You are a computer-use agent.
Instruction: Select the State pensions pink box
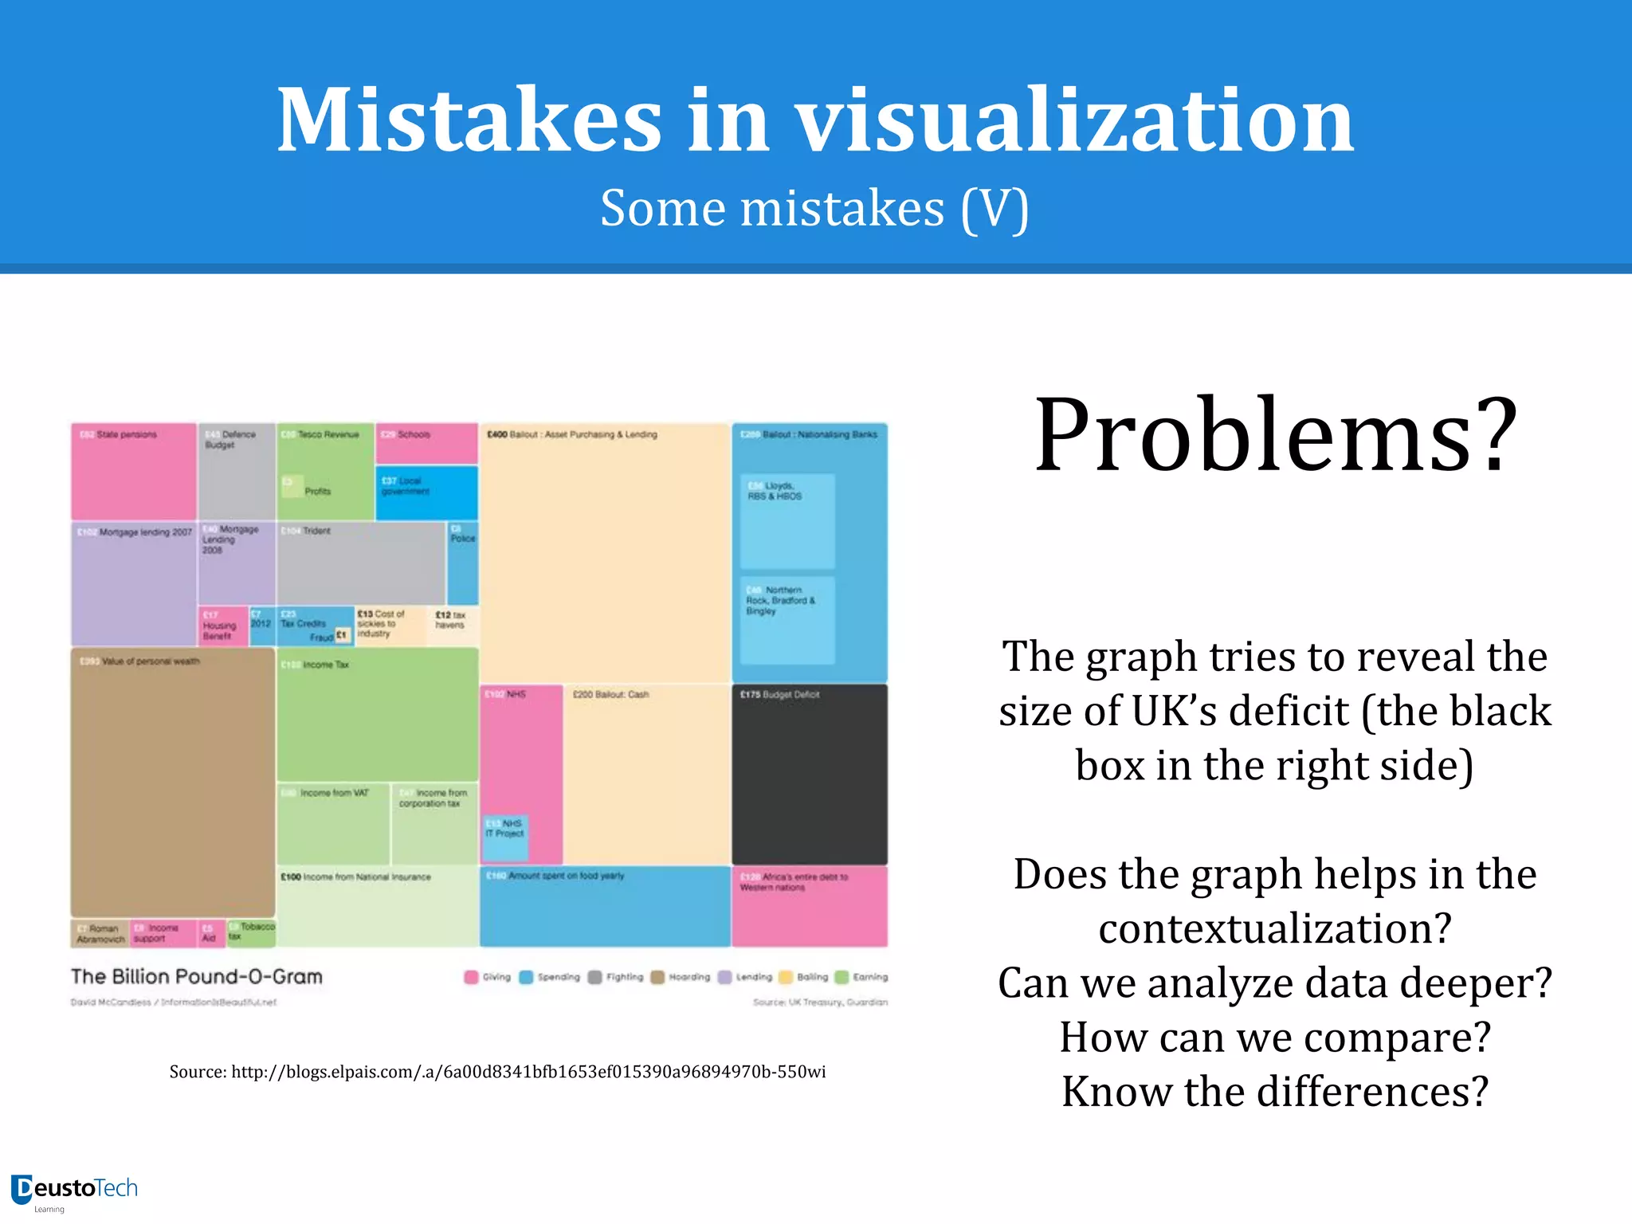[x=133, y=472]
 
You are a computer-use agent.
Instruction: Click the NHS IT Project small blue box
[x=505, y=838]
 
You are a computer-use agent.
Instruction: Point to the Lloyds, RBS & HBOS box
[x=787, y=521]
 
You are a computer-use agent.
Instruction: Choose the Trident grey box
[x=360, y=563]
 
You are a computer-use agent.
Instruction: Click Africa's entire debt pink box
[x=810, y=906]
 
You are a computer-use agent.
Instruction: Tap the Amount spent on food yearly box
[x=605, y=906]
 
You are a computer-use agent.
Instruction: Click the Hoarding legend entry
[x=681, y=977]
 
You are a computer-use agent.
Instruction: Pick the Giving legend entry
[x=488, y=977]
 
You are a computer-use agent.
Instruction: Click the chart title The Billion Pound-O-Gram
[x=197, y=977]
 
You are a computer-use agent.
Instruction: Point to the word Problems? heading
[x=1275, y=436]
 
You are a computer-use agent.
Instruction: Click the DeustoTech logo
[x=74, y=1190]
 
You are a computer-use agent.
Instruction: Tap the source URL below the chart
[x=497, y=1072]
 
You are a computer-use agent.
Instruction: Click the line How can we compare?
[x=1275, y=1038]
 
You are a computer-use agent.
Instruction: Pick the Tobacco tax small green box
[x=252, y=932]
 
